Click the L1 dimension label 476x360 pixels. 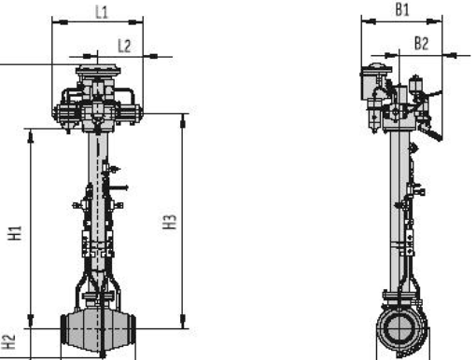[102, 12]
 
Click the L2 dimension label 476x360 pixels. [124, 46]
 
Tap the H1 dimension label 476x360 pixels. [15, 233]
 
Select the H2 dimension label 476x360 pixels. [8, 341]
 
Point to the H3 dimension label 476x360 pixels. [170, 222]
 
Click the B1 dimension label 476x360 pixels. [402, 9]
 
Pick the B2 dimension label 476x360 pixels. [422, 43]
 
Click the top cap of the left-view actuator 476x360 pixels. [98, 70]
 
